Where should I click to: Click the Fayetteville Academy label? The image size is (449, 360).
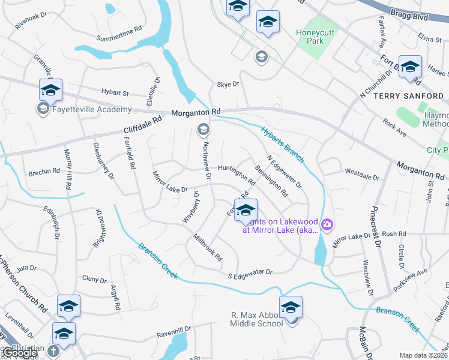pyautogui.click(x=92, y=109)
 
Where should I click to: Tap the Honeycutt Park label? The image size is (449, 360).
pyautogui.click(x=318, y=37)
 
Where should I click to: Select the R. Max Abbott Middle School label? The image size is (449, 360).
pyautogui.click(x=256, y=319)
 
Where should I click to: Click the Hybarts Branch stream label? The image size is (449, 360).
pyautogui.click(x=283, y=144)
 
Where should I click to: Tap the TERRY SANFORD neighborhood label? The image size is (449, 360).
pyautogui.click(x=408, y=96)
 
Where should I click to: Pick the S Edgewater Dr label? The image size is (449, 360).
pyautogui.click(x=250, y=273)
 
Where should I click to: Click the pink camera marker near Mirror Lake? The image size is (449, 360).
pyautogui.click(x=327, y=225)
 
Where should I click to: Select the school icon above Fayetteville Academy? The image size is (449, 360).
pyautogui.click(x=51, y=90)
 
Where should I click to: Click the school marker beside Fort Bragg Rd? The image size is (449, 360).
pyautogui.click(x=411, y=67)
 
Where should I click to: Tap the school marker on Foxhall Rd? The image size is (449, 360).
pyautogui.click(x=246, y=211)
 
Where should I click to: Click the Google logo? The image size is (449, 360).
pyautogui.click(x=21, y=353)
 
